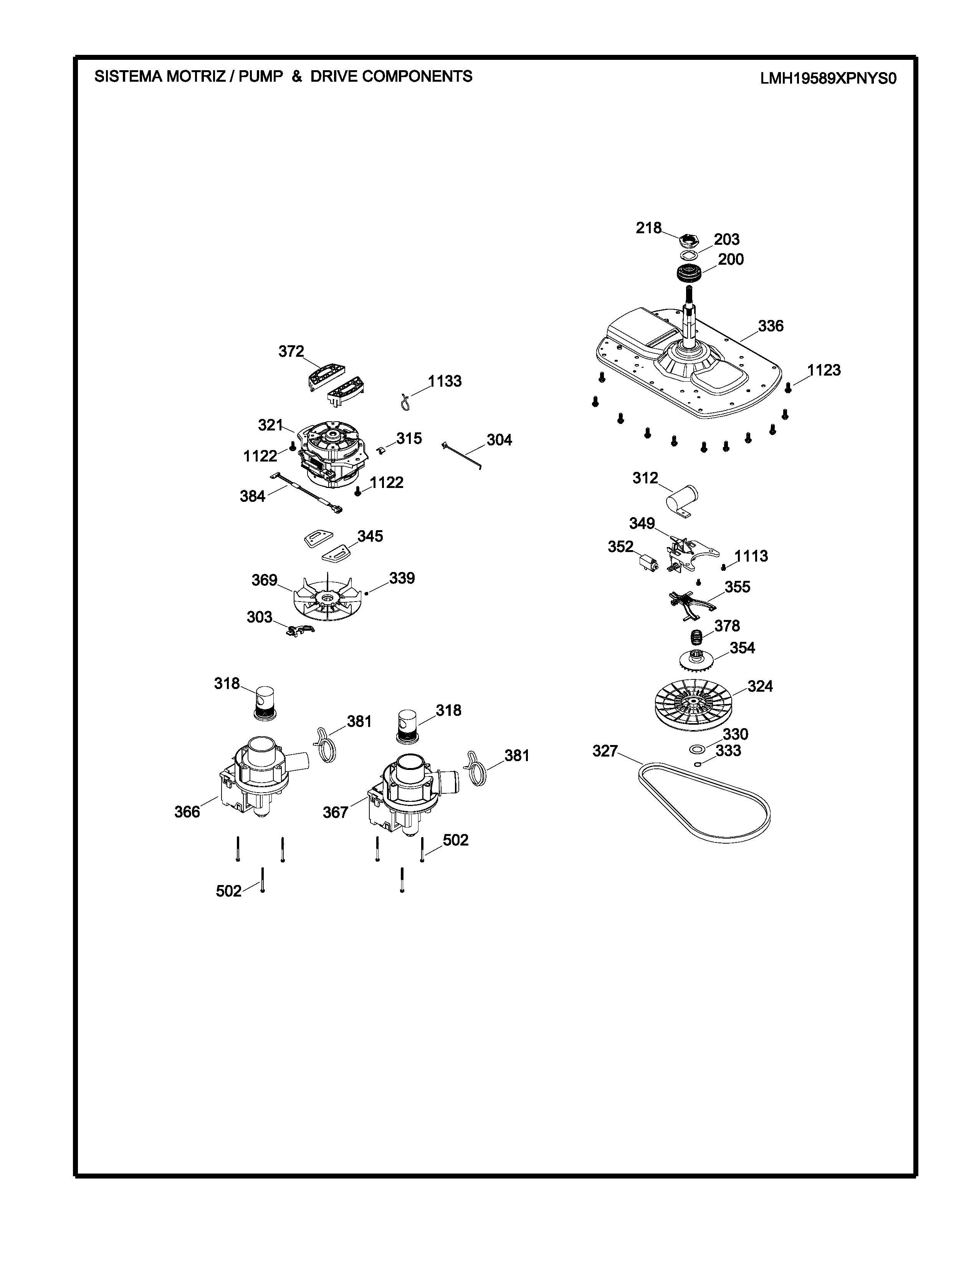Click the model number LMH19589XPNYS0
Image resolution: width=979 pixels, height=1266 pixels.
828,79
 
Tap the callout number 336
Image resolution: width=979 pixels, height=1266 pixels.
771,326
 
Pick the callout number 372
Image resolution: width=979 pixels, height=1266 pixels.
291,351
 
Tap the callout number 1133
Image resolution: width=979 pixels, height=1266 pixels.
445,381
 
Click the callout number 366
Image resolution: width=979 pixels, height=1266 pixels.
187,812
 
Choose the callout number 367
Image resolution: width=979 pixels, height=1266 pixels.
335,813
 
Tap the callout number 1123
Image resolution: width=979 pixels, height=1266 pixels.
824,370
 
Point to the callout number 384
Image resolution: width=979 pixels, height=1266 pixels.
252,496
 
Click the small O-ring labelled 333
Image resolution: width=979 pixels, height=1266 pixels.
699,763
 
